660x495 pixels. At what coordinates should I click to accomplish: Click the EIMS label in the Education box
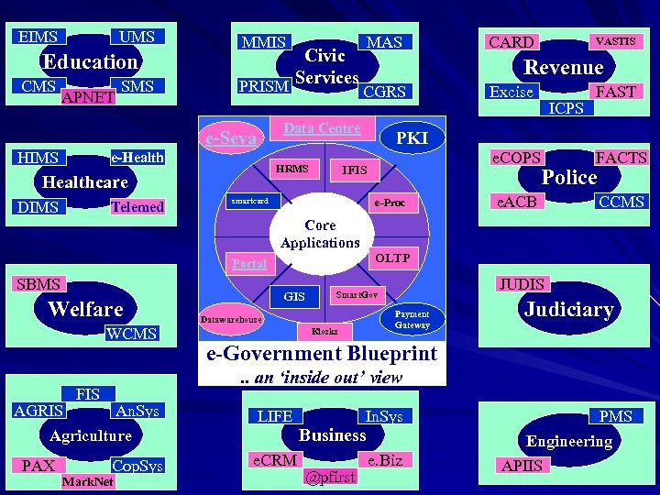38,38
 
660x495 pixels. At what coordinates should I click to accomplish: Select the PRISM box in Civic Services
263,86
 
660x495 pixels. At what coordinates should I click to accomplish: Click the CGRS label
384,92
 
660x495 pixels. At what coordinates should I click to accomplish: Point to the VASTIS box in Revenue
615,41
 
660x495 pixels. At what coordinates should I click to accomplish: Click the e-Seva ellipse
230,138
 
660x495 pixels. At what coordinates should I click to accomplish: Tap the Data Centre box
322,128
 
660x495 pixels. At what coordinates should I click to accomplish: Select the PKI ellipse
411,137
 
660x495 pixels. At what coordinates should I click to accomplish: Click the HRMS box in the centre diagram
292,169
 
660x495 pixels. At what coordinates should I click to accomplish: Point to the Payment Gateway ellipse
412,319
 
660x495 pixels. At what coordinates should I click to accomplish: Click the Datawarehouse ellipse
230,319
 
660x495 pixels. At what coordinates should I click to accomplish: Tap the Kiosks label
324,330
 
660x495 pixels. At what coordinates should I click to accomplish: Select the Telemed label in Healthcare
137,207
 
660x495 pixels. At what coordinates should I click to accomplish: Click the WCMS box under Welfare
132,334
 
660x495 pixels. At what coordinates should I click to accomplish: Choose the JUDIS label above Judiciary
521,284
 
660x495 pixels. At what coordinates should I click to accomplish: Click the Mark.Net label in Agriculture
87,481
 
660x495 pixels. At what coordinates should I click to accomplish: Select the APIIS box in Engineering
522,466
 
